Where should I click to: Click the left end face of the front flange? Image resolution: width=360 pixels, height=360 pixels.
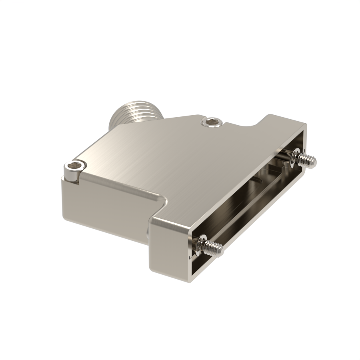click(168, 248)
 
